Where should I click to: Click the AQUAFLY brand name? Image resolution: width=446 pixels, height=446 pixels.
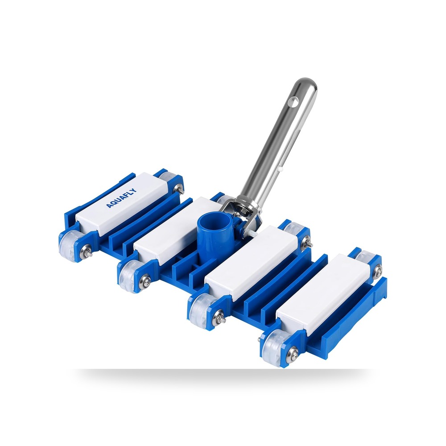[121, 198]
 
